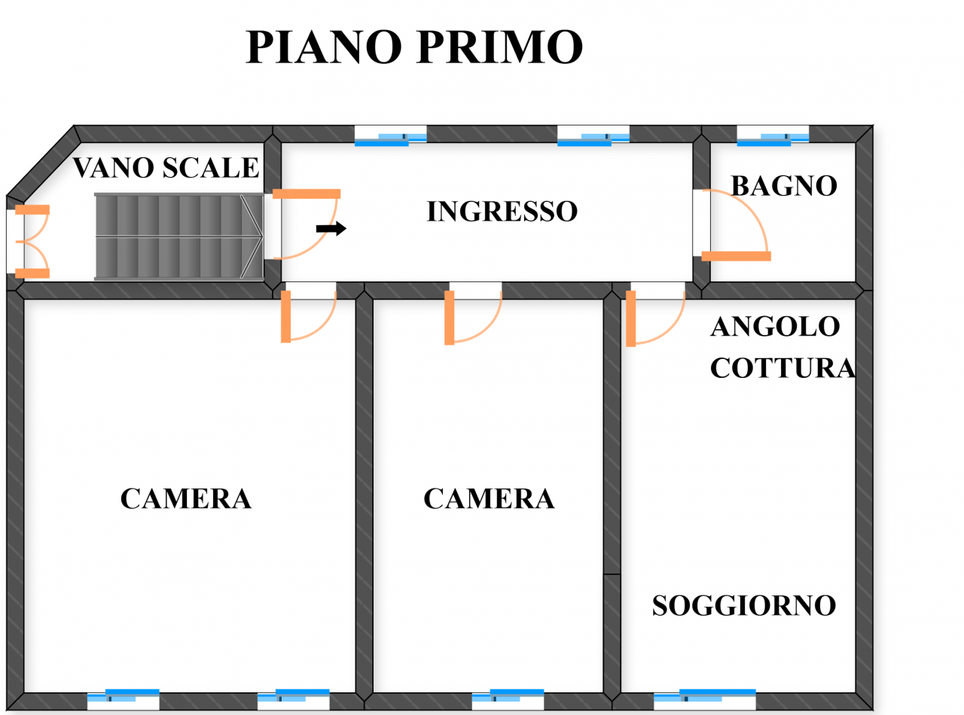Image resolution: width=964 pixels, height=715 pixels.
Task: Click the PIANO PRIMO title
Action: point(414,48)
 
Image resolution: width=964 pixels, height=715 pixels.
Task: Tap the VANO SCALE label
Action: point(166,168)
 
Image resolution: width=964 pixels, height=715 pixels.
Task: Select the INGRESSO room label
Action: point(502,211)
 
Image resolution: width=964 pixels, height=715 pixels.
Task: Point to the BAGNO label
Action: point(784,186)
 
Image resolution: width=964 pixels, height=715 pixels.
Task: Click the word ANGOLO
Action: point(775,327)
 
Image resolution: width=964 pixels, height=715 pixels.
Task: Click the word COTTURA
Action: point(782,368)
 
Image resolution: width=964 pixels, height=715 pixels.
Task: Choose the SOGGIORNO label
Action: point(744,605)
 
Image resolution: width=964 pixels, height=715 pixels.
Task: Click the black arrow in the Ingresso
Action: point(331,228)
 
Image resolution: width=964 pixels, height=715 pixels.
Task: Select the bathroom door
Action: point(734,226)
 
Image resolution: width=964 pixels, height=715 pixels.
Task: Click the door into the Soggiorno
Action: point(654,316)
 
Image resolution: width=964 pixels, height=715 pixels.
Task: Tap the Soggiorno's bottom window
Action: point(703,697)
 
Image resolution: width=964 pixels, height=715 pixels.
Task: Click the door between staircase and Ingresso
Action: point(305,224)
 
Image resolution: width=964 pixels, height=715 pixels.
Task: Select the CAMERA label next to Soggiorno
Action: point(489,498)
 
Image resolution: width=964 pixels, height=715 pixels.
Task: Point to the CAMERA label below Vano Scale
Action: point(185,498)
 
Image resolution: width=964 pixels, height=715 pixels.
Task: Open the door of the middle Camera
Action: point(473,316)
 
